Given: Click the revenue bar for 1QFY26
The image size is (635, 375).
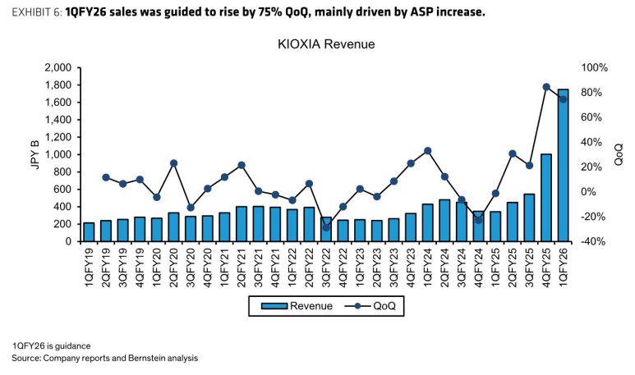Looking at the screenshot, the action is point(563,166).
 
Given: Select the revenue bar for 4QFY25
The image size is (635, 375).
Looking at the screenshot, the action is point(546,198).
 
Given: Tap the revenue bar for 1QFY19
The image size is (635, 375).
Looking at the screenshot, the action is point(89,232).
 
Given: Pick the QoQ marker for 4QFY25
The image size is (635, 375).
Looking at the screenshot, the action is point(546,87).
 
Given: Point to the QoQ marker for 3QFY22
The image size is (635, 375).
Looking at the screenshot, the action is point(326,228).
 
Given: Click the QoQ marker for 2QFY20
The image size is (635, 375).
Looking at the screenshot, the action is point(173,163).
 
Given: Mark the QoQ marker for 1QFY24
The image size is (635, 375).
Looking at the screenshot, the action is point(428,151).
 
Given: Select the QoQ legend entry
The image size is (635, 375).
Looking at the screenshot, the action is point(370,306).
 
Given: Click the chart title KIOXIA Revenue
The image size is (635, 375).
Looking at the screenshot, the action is point(326,44).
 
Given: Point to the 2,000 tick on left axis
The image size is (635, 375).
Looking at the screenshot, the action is point(58,67).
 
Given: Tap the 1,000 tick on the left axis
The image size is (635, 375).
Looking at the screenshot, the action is point(58,154).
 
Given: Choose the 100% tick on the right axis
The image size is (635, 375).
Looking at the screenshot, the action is point(595,67).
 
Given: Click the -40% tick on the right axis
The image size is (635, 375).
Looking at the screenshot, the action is point(593,241).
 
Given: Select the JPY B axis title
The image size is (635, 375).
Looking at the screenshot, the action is point(35,154).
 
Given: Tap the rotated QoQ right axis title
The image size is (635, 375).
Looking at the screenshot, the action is point(619,154).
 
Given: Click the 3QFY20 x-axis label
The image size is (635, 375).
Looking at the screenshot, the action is point(191,267).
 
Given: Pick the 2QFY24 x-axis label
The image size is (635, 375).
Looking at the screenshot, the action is point(444,267).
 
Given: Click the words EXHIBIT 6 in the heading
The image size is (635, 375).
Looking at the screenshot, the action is point(36,12).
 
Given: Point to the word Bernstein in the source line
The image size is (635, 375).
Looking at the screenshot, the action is point(147,358).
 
